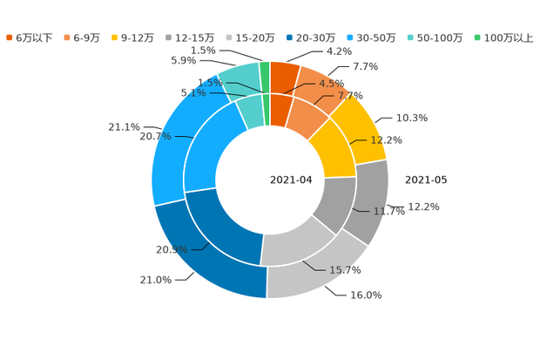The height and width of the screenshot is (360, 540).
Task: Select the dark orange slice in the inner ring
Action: point(280,108)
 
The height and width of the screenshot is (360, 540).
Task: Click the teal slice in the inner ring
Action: point(251,112)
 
